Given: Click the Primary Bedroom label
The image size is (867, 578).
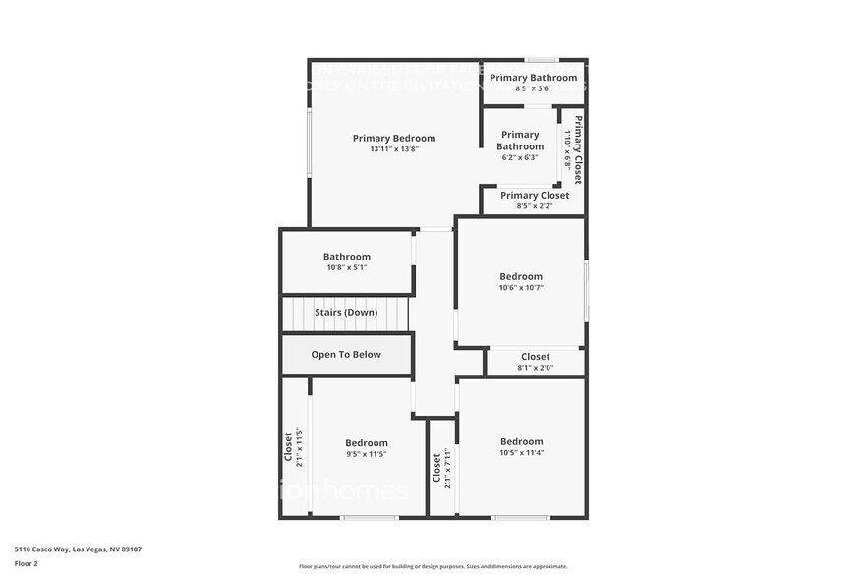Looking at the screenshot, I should (x=394, y=139).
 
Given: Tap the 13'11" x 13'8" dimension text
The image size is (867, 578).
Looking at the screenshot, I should (x=394, y=150).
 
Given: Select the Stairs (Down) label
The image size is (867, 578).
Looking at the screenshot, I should (x=346, y=313).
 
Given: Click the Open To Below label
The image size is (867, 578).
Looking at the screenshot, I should (x=346, y=355).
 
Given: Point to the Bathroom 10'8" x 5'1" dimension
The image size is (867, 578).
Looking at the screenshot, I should (x=347, y=267).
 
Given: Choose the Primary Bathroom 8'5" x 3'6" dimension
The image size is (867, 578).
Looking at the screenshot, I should (x=534, y=88).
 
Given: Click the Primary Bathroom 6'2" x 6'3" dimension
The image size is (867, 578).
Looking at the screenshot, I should (x=520, y=157).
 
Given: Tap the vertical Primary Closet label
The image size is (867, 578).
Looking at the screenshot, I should (x=579, y=150).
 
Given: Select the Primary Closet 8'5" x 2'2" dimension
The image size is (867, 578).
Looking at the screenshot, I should (x=534, y=206).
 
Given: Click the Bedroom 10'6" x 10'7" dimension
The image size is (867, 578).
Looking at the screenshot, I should (x=521, y=288).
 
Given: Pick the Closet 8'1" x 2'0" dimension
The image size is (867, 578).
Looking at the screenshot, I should (x=536, y=368).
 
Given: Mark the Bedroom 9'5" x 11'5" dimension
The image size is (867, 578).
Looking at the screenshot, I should (x=366, y=454).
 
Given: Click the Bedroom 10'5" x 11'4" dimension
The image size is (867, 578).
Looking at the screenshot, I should (x=521, y=453).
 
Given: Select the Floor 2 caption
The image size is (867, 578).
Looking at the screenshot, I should (x=27, y=564).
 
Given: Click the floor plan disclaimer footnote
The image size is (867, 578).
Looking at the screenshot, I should (x=433, y=566).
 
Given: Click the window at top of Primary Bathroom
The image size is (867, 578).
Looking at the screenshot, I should (x=542, y=60).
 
